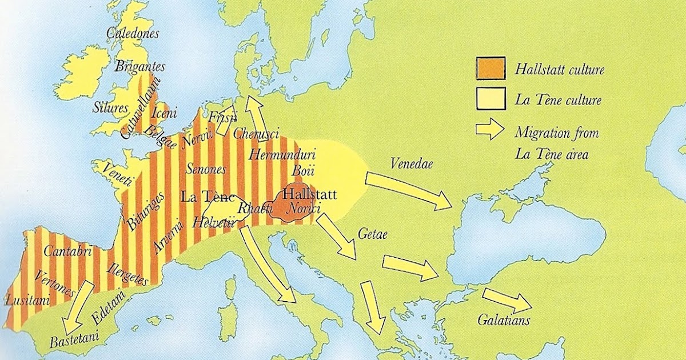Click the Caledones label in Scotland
133,33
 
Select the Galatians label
504,320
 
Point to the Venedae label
412,163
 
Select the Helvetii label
214,222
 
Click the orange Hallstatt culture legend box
490,68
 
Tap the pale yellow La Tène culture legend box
490,98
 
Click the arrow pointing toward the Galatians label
505,299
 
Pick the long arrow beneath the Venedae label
409,190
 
